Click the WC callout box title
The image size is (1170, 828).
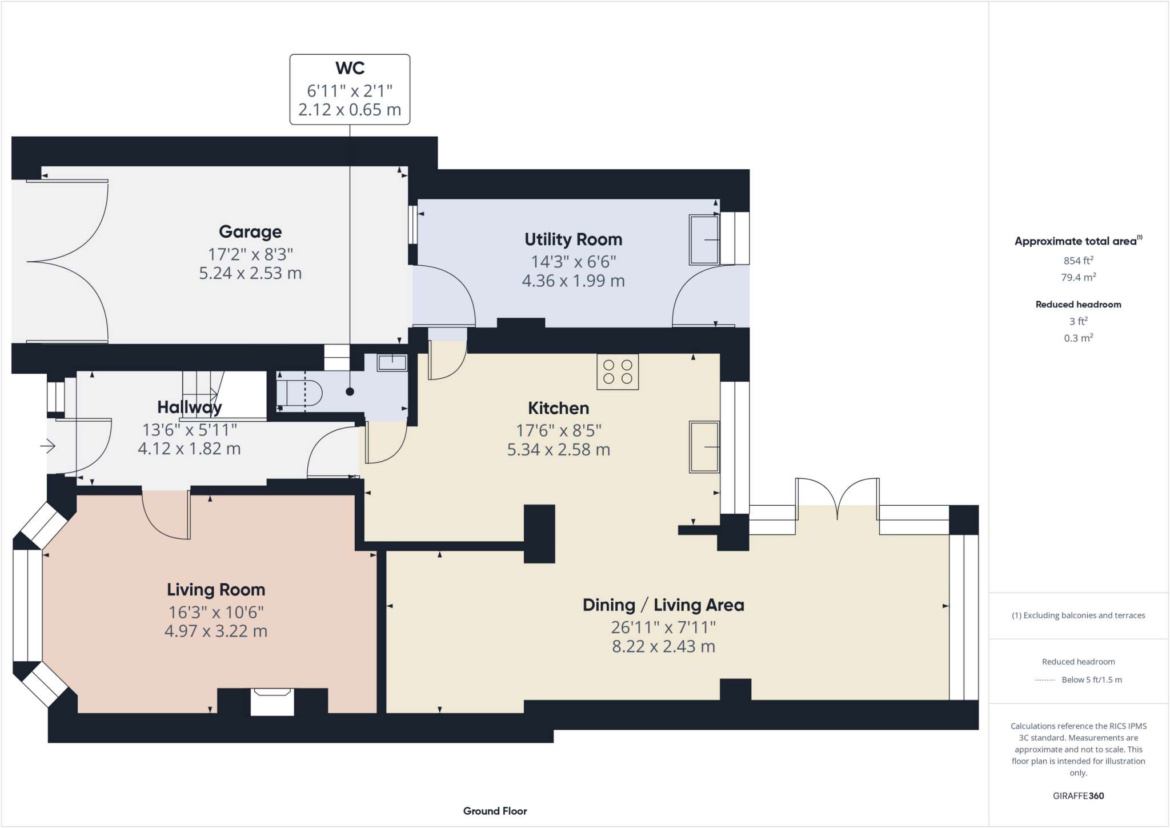click(x=350, y=68)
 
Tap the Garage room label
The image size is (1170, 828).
click(x=250, y=231)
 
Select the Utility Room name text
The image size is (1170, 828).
click(x=573, y=239)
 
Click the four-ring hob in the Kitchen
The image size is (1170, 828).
click(x=618, y=372)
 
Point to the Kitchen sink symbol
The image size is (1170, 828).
click(x=704, y=447)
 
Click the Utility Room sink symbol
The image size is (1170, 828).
click(x=704, y=240)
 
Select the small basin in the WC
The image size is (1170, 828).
click(x=392, y=362)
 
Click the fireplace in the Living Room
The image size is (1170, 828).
click(x=272, y=702)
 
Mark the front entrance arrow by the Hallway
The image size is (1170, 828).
click(x=48, y=446)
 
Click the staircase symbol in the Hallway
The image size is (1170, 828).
click(x=203, y=394)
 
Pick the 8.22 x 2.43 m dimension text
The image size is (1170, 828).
click(x=663, y=646)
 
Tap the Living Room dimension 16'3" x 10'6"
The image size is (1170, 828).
click(x=216, y=612)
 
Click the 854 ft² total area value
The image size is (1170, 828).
click(x=1078, y=261)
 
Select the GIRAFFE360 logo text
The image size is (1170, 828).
click(x=1078, y=795)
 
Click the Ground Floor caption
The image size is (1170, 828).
click(x=495, y=811)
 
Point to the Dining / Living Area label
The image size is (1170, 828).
click(x=663, y=605)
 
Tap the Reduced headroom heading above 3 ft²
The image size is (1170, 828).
click(x=1078, y=305)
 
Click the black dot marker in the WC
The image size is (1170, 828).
click(x=350, y=391)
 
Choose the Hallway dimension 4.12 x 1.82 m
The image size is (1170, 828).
click(x=189, y=449)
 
